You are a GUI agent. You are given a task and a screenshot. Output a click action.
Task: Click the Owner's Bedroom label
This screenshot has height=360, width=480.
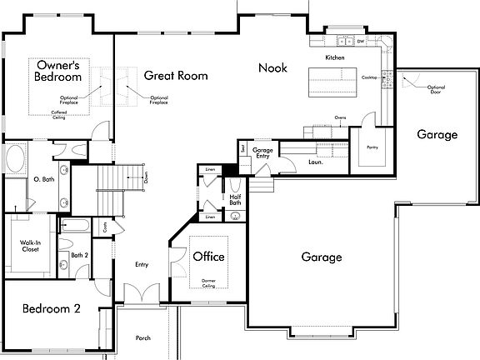pos(57,71)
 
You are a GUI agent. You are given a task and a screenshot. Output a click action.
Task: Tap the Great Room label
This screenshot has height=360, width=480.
pos(175,75)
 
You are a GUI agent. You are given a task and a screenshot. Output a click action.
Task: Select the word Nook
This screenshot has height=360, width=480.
pos(272,67)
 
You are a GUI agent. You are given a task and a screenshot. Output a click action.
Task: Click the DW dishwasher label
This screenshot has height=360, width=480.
pos(360,41)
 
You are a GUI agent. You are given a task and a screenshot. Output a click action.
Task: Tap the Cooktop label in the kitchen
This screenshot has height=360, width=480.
pos(369,77)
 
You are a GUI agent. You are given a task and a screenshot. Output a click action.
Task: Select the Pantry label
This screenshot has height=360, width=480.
pos(372,147)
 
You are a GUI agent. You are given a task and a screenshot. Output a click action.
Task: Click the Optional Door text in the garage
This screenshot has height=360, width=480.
pos(436,89)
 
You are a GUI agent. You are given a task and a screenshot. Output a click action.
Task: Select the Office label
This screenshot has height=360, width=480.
pos(208,257)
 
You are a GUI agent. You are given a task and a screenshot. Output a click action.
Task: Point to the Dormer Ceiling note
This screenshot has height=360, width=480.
pos(208,283)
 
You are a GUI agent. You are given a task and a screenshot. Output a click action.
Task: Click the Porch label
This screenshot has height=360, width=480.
pos(144,338)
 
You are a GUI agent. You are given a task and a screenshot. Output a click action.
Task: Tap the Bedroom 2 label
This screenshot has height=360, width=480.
pos(51,307)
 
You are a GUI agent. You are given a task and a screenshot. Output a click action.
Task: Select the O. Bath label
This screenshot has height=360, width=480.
pos(43,179)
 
